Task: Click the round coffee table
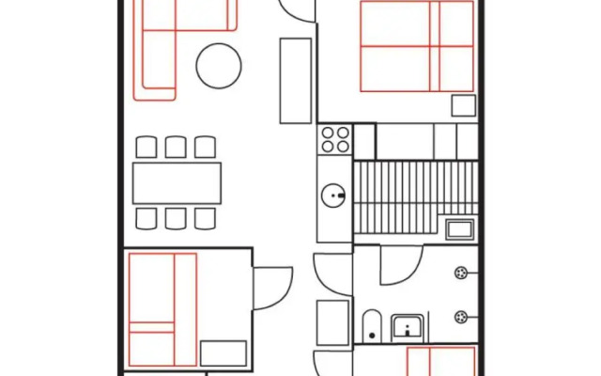(x=219, y=65)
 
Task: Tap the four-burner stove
(x=335, y=140)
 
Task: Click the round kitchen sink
(x=334, y=196)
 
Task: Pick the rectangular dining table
(x=177, y=182)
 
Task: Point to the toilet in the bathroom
(x=371, y=325)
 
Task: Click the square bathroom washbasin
(x=408, y=326)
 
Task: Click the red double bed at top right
(x=416, y=46)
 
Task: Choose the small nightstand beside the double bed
(x=463, y=104)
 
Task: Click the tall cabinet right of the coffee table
(x=295, y=80)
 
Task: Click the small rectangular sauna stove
(x=460, y=228)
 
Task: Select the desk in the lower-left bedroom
(x=223, y=353)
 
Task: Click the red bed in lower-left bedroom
(x=162, y=308)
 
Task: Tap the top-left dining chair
(x=146, y=147)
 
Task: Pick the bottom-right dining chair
(x=206, y=218)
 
